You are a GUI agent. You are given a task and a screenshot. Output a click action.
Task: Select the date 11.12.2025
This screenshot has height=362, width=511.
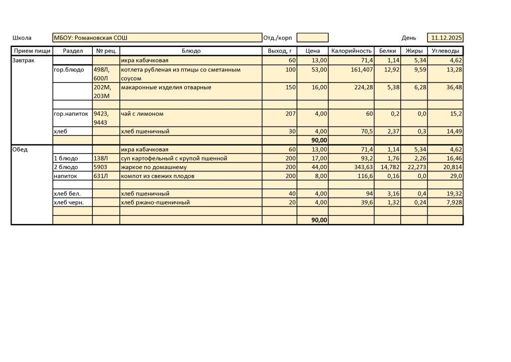pos(447,38)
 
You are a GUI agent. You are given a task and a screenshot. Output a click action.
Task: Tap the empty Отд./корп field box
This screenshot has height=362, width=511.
pos(312,38)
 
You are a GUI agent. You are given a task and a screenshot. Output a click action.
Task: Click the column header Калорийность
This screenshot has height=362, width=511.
pos(351,51)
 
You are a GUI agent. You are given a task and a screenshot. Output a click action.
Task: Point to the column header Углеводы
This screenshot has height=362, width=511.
pos(445,51)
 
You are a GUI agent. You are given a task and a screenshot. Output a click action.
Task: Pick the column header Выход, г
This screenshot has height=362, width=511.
pos(279,51)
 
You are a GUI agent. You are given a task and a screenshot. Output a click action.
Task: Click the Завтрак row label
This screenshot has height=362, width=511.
pos(23,60)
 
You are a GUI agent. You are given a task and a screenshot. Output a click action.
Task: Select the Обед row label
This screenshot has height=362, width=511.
pos(20,149)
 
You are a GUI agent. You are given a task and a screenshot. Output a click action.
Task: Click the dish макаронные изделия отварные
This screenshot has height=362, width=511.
pos(166,87)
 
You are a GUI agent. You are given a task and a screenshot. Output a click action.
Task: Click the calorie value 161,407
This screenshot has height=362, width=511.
pos(362,70)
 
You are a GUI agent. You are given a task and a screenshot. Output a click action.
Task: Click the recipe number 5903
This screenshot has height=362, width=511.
pos(101,167)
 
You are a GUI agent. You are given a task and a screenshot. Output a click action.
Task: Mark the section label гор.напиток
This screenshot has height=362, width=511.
pos(71,114)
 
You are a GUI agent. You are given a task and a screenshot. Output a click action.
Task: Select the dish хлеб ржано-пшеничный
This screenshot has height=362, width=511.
pos(155,202)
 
